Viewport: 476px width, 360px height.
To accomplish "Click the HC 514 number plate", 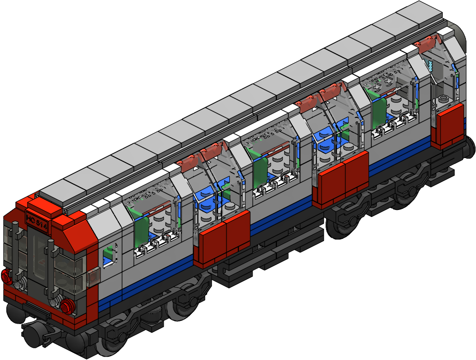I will [x=36, y=222].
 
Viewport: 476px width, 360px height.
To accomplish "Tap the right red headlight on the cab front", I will [x=67, y=306].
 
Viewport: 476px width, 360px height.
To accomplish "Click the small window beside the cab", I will [x=109, y=253].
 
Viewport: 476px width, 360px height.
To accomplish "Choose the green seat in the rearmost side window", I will [x=379, y=112].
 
